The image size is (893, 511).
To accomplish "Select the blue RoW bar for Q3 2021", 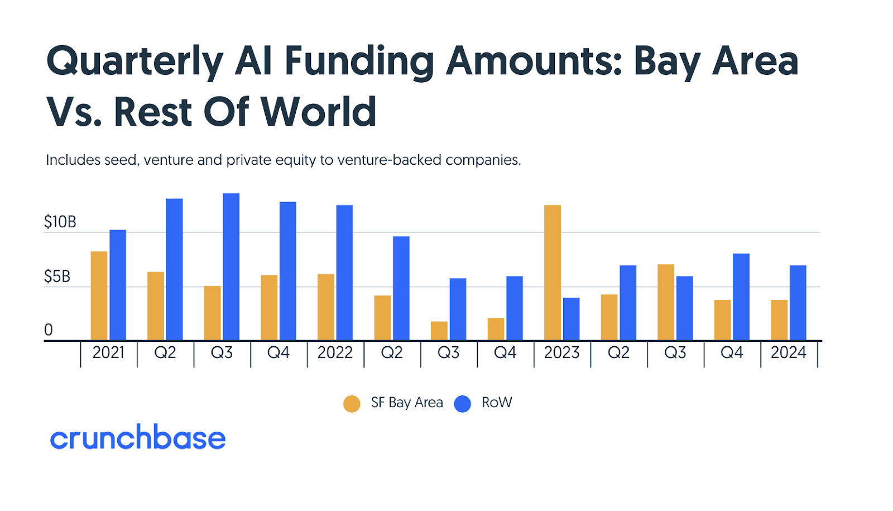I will click(x=231, y=266).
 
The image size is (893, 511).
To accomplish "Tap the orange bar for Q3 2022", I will click(x=439, y=331).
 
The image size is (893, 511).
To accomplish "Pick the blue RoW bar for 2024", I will click(x=798, y=303).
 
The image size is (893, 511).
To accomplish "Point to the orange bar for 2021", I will click(x=99, y=295).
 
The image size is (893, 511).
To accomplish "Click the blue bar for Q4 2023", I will click(x=741, y=297).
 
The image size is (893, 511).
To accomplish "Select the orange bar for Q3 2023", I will click(x=666, y=302).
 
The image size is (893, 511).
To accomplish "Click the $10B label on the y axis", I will click(x=60, y=222).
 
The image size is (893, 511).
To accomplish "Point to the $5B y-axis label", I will click(x=57, y=276).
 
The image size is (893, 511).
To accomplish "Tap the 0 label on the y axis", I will click(x=49, y=330).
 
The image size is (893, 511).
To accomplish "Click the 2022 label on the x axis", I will click(x=335, y=353).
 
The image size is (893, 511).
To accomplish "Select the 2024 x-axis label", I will click(x=789, y=353).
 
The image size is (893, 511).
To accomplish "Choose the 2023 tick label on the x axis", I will click(x=561, y=353).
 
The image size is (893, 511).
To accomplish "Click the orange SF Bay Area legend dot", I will click(x=352, y=404).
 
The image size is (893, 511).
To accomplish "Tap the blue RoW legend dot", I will click(x=463, y=404).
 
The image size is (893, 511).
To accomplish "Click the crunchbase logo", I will click(x=138, y=437).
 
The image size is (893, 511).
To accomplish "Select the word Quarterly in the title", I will click(x=135, y=61).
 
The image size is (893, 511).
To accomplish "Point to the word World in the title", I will click(x=319, y=112).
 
